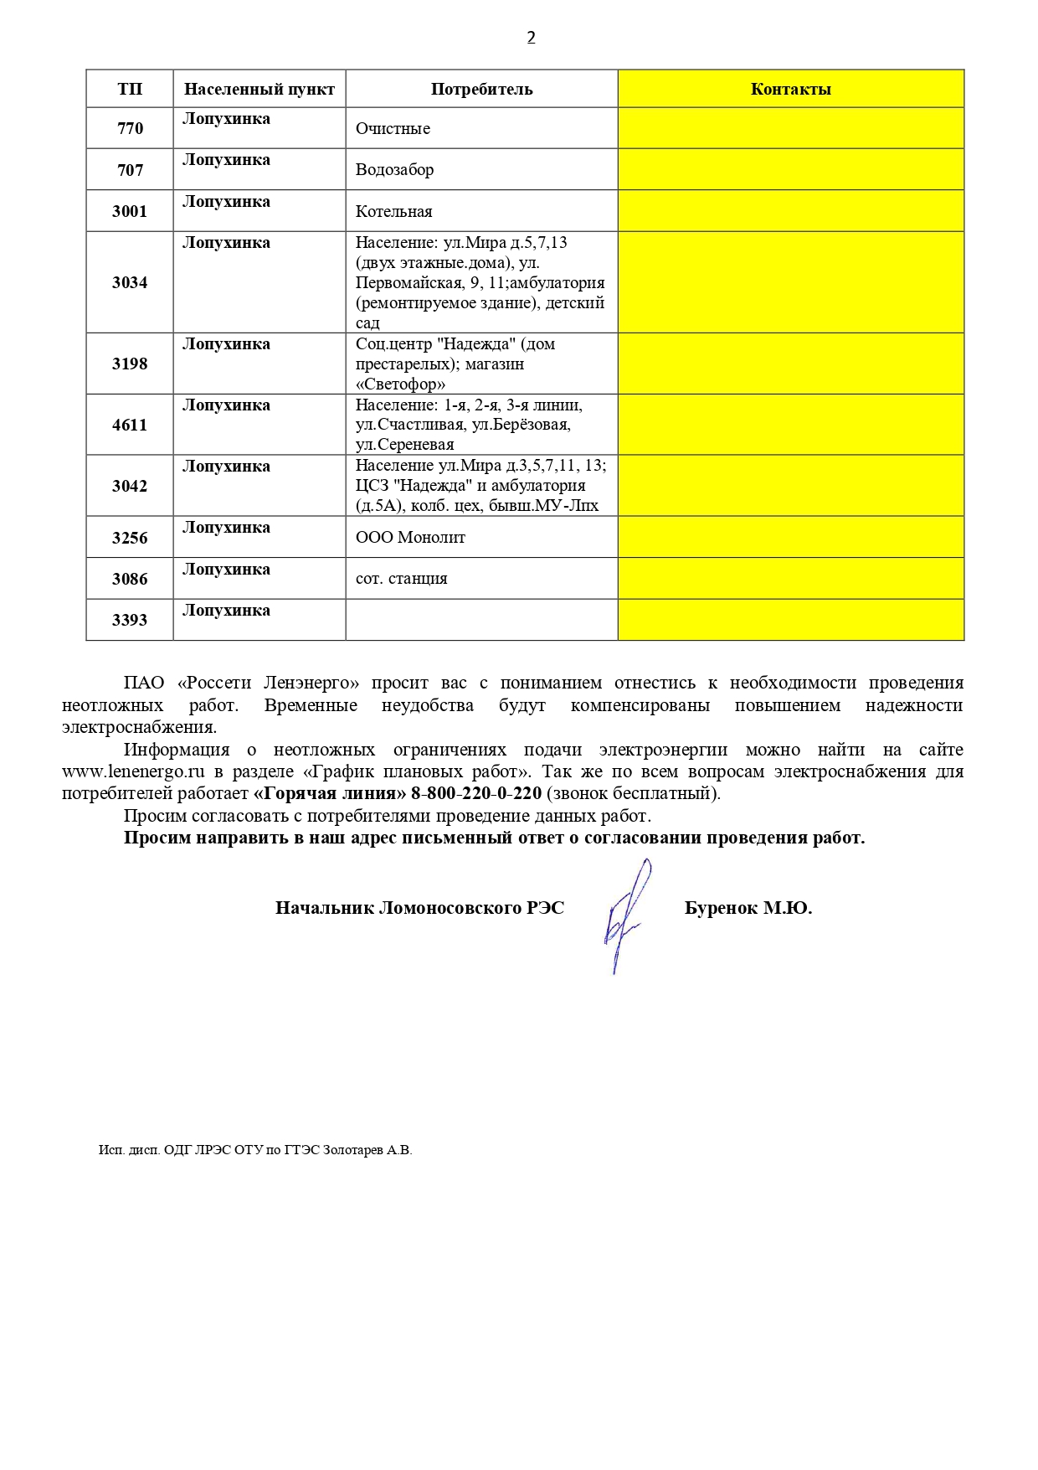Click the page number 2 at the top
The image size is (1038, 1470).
click(531, 38)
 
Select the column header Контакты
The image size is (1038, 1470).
click(790, 90)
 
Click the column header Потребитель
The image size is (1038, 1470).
click(481, 90)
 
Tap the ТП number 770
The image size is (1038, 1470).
click(130, 129)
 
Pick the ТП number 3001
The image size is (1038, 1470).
click(130, 212)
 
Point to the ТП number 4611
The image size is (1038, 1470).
click(130, 426)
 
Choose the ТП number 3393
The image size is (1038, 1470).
click(130, 621)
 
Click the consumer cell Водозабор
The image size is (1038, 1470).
click(394, 170)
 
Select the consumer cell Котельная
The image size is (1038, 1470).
click(393, 212)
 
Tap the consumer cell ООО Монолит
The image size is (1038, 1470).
click(410, 538)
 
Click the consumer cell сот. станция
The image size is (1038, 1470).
click(401, 579)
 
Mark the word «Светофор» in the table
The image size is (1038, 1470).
click(400, 384)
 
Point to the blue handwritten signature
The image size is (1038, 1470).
click(624, 917)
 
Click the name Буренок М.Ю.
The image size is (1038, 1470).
click(748, 908)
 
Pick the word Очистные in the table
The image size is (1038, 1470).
click(393, 129)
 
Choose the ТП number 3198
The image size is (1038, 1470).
click(130, 364)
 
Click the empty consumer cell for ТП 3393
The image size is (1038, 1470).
click(481, 620)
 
